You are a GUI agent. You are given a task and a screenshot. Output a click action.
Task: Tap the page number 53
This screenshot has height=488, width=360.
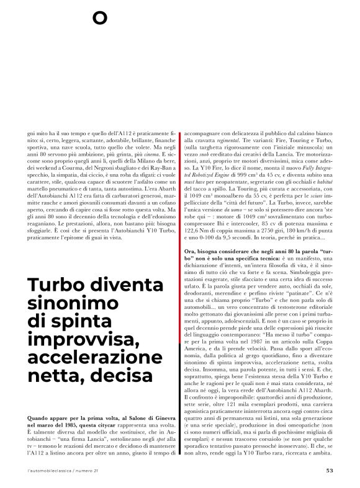click(x=330, y=469)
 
